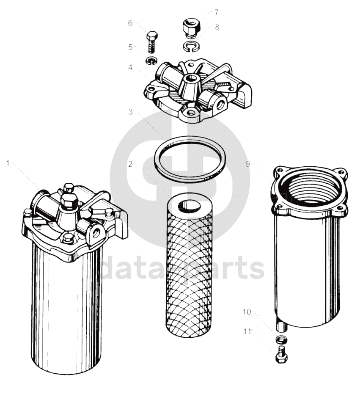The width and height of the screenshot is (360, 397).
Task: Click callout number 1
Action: (8, 163)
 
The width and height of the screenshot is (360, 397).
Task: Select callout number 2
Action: (130, 164)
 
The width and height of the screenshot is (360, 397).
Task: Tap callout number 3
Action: (130, 112)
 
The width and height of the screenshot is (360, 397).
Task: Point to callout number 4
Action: (130, 68)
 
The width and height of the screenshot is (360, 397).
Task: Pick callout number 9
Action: (247, 164)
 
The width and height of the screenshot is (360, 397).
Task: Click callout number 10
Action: (247, 312)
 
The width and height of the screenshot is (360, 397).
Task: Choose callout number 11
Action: (247, 331)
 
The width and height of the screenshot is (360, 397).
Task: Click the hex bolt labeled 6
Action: (152, 42)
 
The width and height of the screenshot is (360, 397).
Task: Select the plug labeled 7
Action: (191, 28)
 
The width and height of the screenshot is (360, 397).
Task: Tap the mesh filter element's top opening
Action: (189, 206)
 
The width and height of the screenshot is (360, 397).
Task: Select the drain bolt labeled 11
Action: (281, 355)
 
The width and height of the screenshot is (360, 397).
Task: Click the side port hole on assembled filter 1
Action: (96, 232)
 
